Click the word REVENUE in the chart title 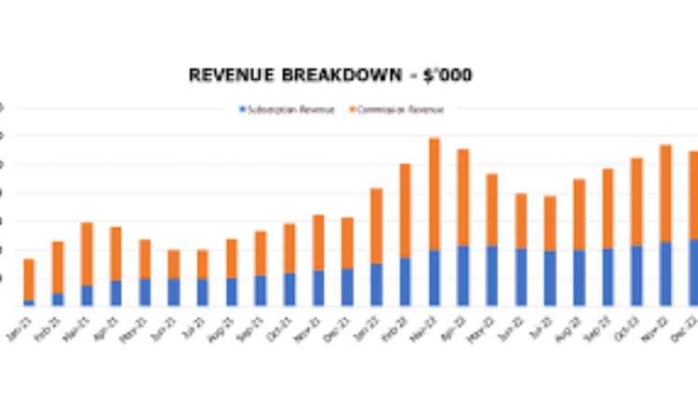[227, 75]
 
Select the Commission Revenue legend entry [396, 110]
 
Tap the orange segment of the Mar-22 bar [434, 193]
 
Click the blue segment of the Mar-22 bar [434, 277]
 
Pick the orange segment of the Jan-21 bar [29, 279]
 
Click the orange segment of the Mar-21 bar [87, 253]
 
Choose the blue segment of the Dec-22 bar [692, 273]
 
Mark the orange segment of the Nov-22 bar [664, 193]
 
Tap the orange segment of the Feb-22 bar [405, 210]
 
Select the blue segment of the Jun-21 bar [173, 292]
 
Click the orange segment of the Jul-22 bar [549, 223]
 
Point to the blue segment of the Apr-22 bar [463, 275]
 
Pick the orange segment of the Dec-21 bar [347, 243]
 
